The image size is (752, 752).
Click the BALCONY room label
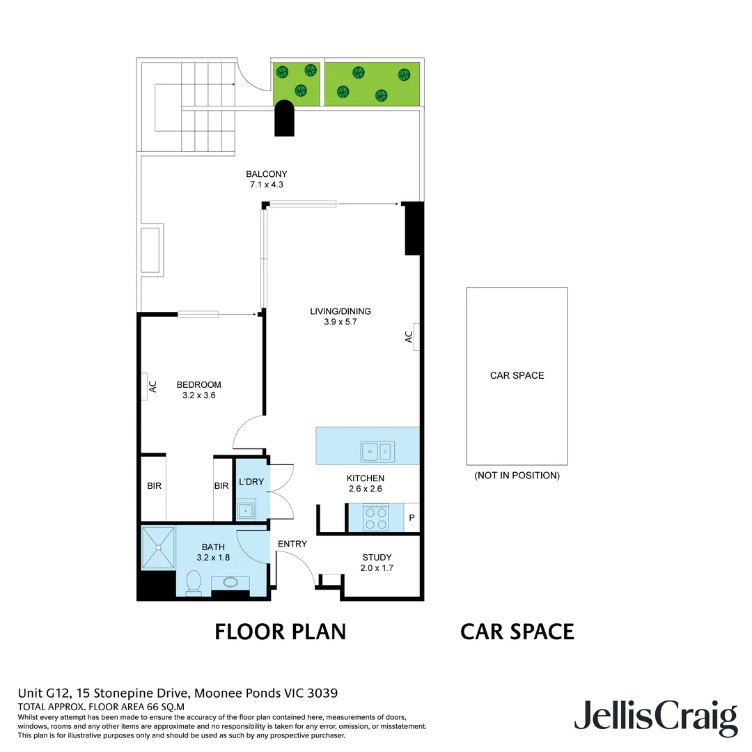click(266, 174)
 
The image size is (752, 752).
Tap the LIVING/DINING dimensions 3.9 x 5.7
click(340, 322)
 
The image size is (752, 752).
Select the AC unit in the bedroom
click(150, 387)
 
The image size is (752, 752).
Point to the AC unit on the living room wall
click(411, 336)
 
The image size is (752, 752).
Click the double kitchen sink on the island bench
click(377, 452)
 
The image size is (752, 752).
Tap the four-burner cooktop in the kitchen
click(377, 518)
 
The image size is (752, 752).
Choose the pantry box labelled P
click(412, 518)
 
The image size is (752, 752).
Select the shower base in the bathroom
click(158, 547)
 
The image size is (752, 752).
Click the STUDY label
click(377, 557)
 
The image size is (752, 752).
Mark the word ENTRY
click(292, 544)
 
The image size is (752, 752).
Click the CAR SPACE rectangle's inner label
click(517, 375)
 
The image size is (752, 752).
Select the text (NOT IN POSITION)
click(517, 476)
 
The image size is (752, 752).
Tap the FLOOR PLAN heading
click(280, 632)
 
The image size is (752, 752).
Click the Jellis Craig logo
click(655, 717)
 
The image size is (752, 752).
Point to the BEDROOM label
click(198, 384)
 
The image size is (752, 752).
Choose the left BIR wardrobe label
click(154, 485)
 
